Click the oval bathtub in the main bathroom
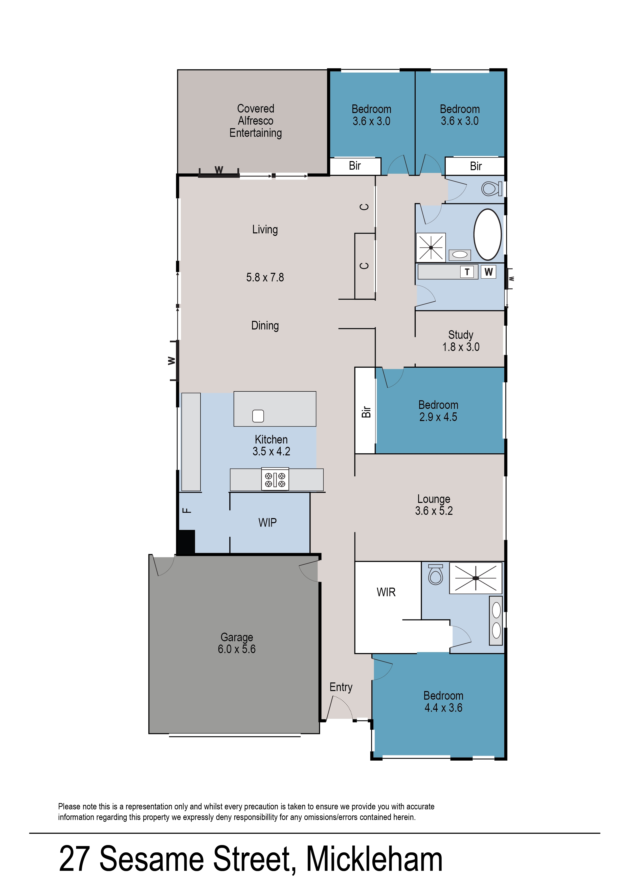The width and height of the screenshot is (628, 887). coord(488,235)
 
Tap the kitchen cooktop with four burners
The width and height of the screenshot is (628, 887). coord(275,479)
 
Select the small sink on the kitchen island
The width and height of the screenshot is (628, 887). coord(258,416)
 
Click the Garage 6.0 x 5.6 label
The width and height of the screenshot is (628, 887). coord(237,643)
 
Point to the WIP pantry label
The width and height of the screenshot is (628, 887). coord(267,522)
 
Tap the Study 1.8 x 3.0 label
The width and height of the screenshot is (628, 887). coord(461,341)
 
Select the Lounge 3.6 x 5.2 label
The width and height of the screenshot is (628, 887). coord(434,505)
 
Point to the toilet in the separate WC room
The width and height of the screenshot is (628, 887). coord(491,189)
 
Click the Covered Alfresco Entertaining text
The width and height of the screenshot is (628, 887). coord(256,121)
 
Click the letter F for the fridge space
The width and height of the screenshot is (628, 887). coord(187,511)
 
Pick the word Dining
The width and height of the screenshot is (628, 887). coord(265,326)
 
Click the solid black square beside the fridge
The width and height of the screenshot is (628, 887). coord(186,541)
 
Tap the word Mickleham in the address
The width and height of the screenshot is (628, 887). coord(374,859)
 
